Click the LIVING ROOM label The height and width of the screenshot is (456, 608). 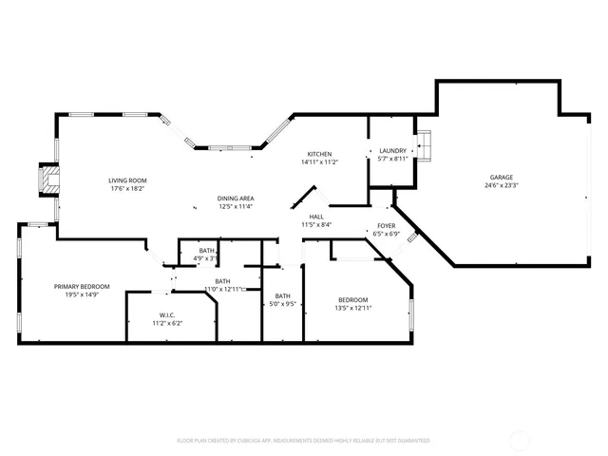pyautogui.click(x=126, y=180)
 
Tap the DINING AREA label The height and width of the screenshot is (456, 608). pyautogui.click(x=236, y=198)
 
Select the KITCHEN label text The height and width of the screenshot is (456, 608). pyautogui.click(x=319, y=154)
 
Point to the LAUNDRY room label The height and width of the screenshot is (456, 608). pyautogui.click(x=392, y=150)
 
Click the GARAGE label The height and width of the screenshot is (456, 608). pyautogui.click(x=502, y=178)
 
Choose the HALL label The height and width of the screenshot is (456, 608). pyautogui.click(x=316, y=217)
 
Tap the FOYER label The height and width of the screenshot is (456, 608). pyautogui.click(x=386, y=225)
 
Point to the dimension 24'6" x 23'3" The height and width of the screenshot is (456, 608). pyautogui.click(x=502, y=186)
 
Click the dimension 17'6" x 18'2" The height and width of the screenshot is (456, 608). pyautogui.click(x=126, y=188)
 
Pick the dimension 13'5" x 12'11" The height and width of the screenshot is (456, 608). pyautogui.click(x=352, y=308)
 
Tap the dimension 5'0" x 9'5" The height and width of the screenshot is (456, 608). pyautogui.click(x=283, y=305)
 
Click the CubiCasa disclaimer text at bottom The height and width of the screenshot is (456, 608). pyautogui.click(x=303, y=441)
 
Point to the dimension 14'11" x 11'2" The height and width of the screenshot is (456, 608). pyautogui.click(x=319, y=162)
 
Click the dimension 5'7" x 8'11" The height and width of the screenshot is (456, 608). pyautogui.click(x=392, y=159)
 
